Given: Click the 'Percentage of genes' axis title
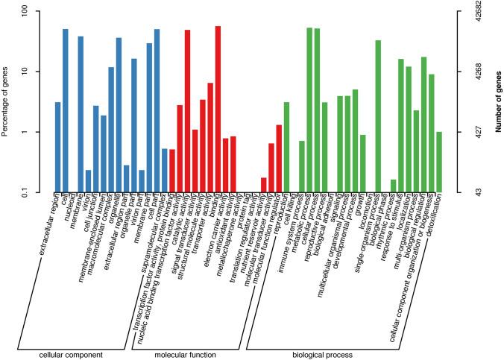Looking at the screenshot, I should tap(6, 102).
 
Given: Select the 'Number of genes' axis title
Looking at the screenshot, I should tap(495, 102).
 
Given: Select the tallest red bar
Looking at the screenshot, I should tap(218, 109).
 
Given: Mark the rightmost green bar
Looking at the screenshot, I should tap(439, 162).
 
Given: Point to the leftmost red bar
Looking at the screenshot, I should tap(172, 171).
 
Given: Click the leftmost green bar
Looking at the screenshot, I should tap(286, 147).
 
